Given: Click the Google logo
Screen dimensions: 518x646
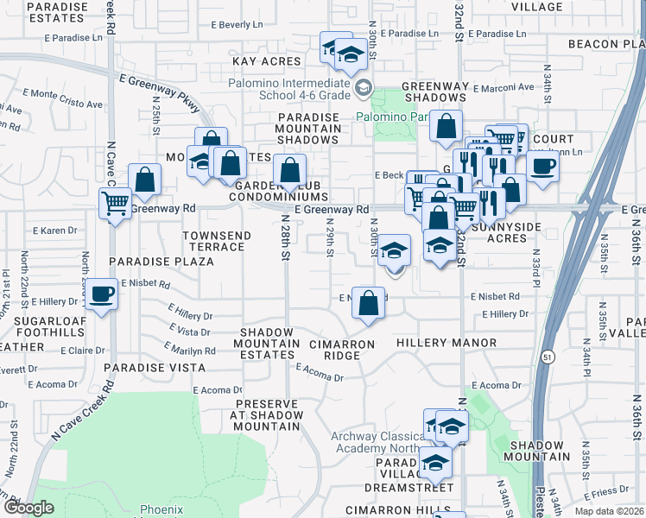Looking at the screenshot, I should [28, 508].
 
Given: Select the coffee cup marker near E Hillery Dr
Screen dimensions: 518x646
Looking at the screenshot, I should [102, 294].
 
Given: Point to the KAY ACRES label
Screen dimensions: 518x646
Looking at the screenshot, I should [267, 61].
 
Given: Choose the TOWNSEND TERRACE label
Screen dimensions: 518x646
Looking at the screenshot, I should [217, 241].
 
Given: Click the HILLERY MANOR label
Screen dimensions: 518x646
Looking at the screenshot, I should [446, 343].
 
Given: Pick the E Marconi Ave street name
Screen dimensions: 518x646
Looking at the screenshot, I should [503, 86].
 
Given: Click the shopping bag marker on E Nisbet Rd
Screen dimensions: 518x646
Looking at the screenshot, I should [369, 303].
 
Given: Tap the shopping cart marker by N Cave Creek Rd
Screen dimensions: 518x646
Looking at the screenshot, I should [114, 205].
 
